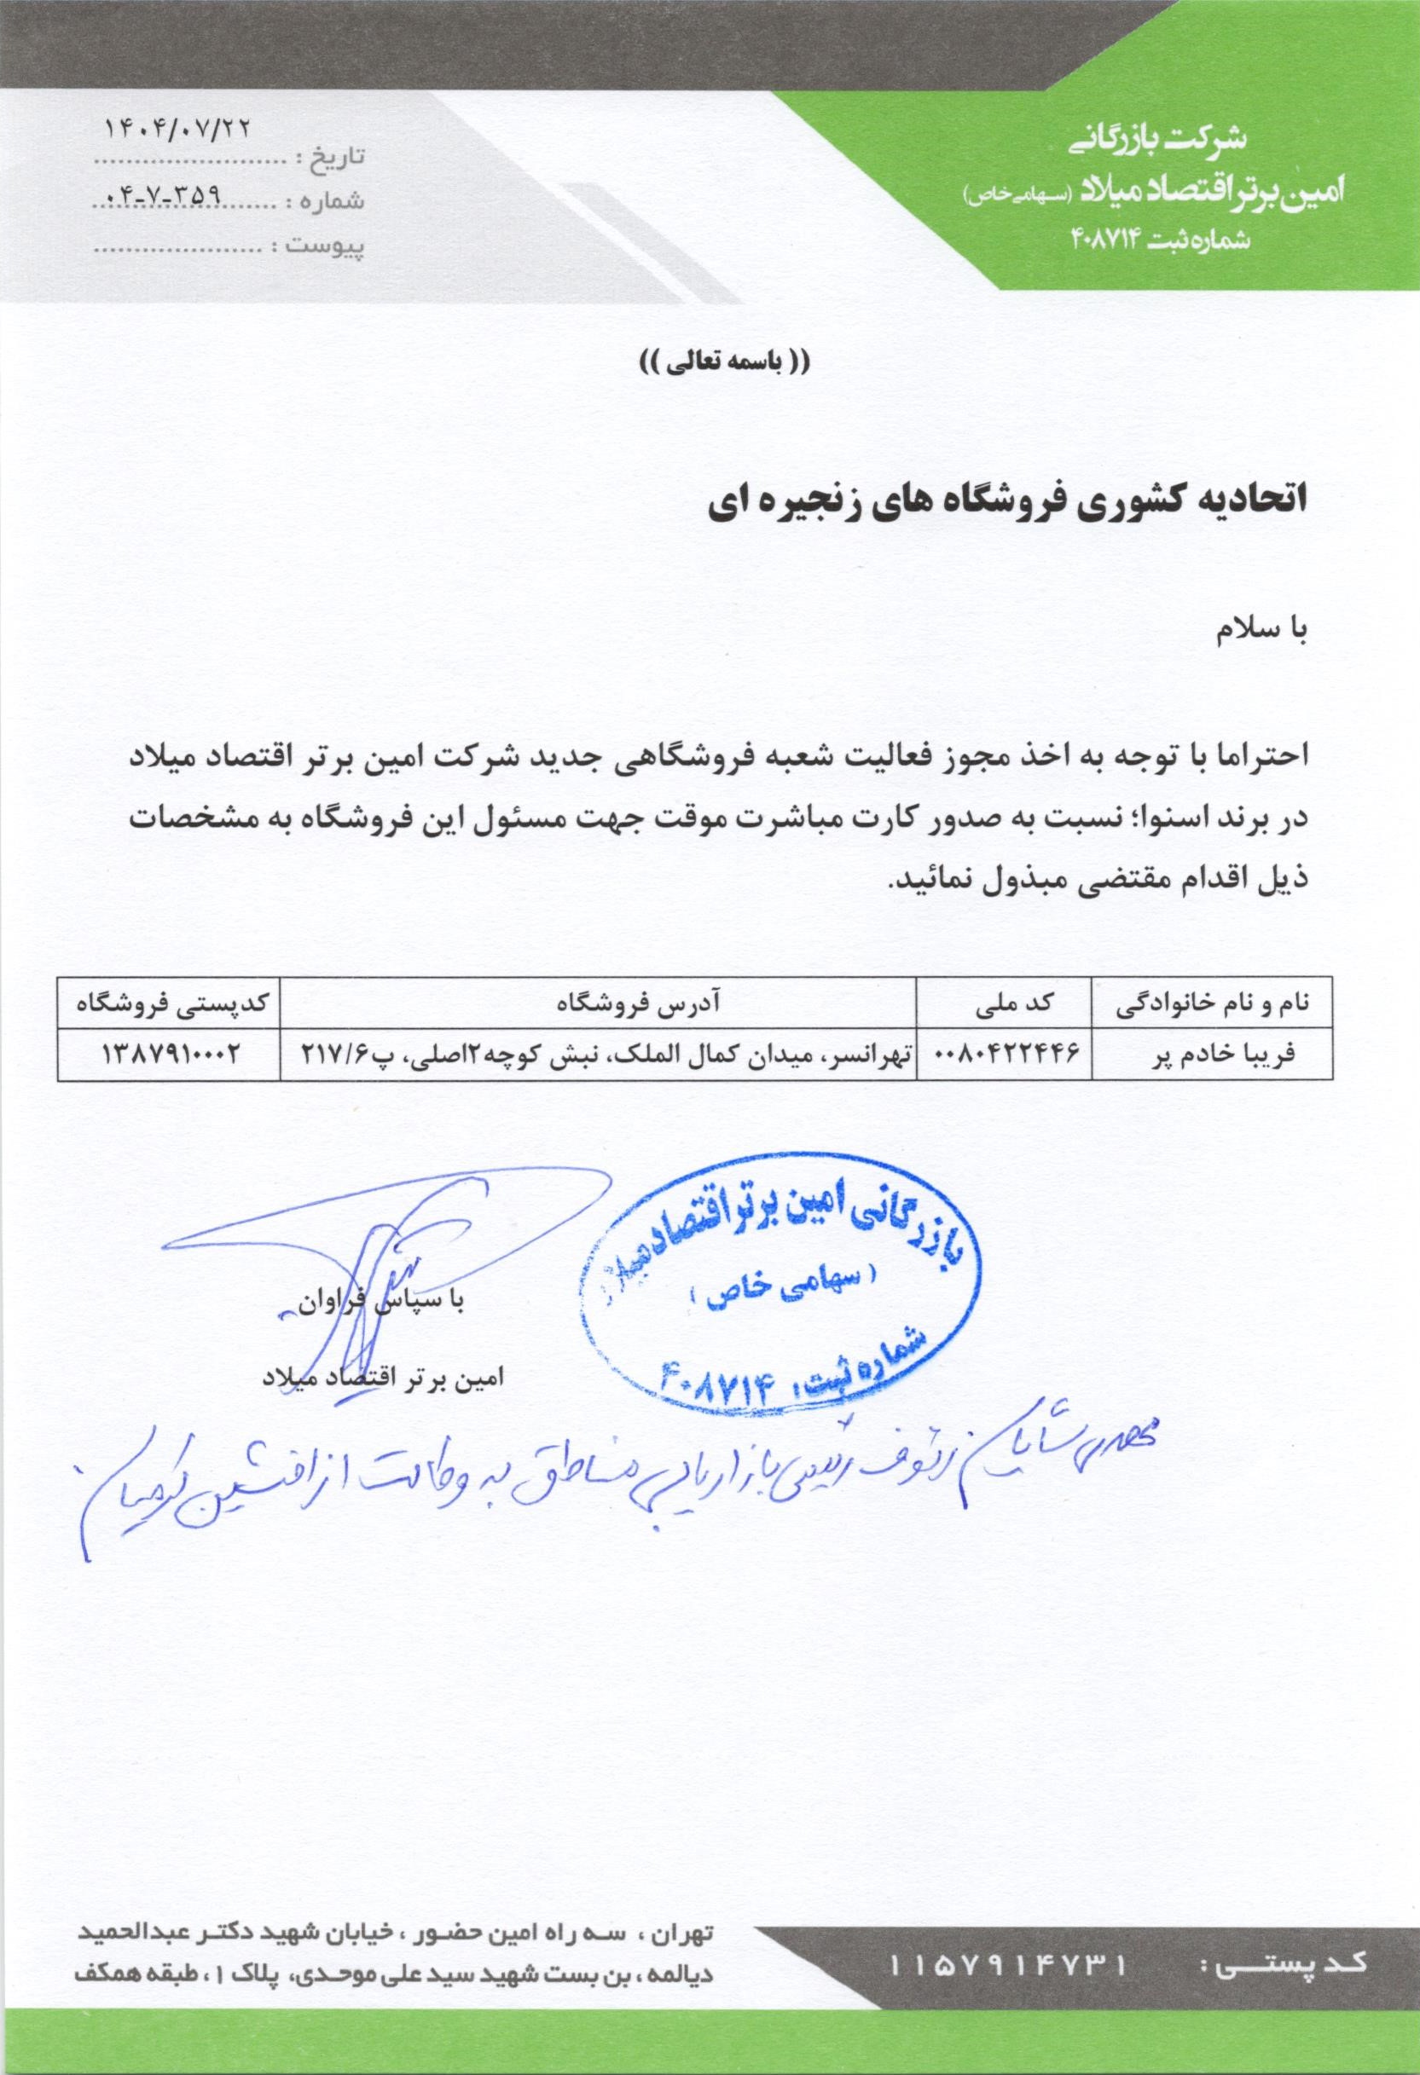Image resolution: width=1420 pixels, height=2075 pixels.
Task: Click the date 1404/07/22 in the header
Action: [178, 127]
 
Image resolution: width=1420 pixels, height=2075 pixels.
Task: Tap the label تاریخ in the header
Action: [338, 157]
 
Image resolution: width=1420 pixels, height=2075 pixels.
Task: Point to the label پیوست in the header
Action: [325, 244]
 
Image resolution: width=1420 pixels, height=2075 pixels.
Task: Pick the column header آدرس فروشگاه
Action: [599, 1004]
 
